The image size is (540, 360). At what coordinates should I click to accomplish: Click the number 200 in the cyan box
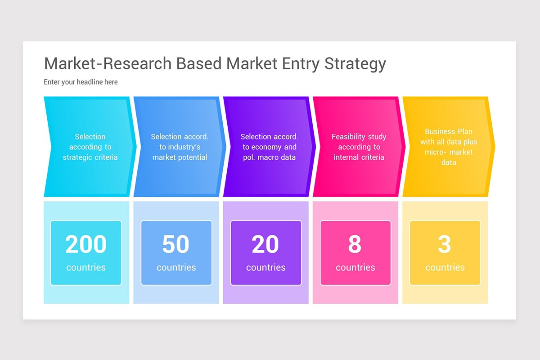click(86, 244)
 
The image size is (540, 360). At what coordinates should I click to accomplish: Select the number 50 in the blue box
click(175, 244)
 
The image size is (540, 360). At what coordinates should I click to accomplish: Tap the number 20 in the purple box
click(265, 244)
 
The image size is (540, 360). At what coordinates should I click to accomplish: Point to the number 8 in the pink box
click(355, 244)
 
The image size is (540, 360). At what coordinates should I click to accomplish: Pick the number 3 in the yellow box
click(444, 244)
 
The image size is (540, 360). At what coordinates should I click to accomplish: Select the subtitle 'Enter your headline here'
click(81, 82)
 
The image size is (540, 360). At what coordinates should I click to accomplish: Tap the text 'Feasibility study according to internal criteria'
click(359, 147)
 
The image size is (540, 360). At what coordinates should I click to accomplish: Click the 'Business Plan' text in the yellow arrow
click(448, 131)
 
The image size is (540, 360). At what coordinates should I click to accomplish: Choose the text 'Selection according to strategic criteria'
click(90, 147)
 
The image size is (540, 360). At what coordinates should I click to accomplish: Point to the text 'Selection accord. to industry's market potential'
click(180, 147)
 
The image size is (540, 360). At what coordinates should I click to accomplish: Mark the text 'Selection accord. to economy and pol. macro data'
click(269, 147)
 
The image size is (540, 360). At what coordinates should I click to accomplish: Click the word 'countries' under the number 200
click(86, 267)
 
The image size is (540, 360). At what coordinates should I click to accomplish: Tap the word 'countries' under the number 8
click(355, 267)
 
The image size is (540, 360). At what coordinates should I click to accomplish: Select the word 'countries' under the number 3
click(445, 267)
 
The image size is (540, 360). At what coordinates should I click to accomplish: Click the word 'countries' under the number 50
click(176, 267)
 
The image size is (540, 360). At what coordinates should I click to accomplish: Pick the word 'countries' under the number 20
click(265, 267)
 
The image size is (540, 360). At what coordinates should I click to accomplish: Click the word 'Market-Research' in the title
click(108, 63)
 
